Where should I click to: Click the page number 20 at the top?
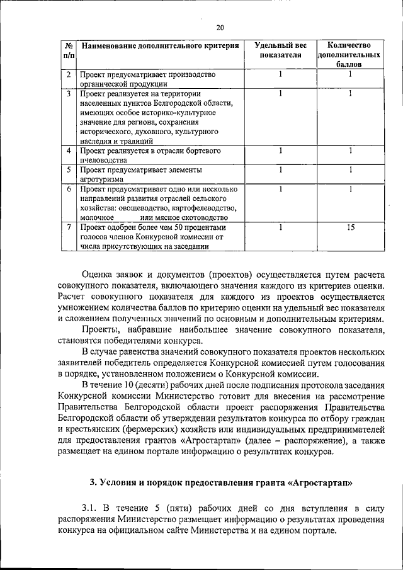click(x=219, y=27)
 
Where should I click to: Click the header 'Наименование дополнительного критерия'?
click(x=160, y=46)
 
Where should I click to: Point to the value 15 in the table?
click(x=350, y=227)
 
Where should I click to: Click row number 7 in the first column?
click(x=68, y=227)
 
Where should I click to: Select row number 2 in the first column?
click(x=68, y=75)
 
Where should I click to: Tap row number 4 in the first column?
click(x=68, y=151)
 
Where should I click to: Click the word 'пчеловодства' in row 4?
click(x=106, y=161)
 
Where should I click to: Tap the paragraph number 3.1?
click(x=91, y=508)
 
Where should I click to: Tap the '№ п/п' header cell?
click(x=68, y=50)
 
